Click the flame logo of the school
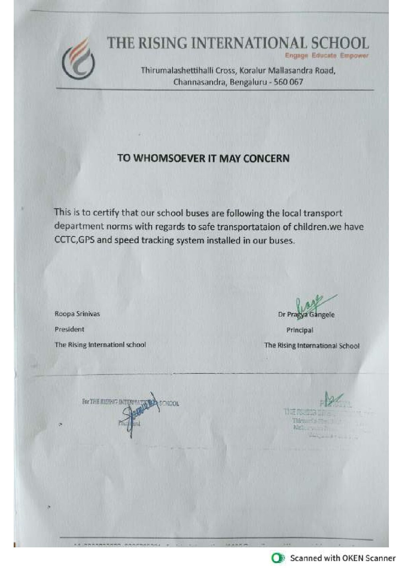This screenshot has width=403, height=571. [78, 60]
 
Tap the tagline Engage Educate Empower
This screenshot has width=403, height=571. [327, 56]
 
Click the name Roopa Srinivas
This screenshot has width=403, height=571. [77, 314]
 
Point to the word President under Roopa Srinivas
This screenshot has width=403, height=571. [69, 329]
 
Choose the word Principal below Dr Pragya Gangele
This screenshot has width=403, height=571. [300, 330]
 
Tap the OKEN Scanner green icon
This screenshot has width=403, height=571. [278, 558]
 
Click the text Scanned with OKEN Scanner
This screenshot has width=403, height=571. [342, 558]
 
